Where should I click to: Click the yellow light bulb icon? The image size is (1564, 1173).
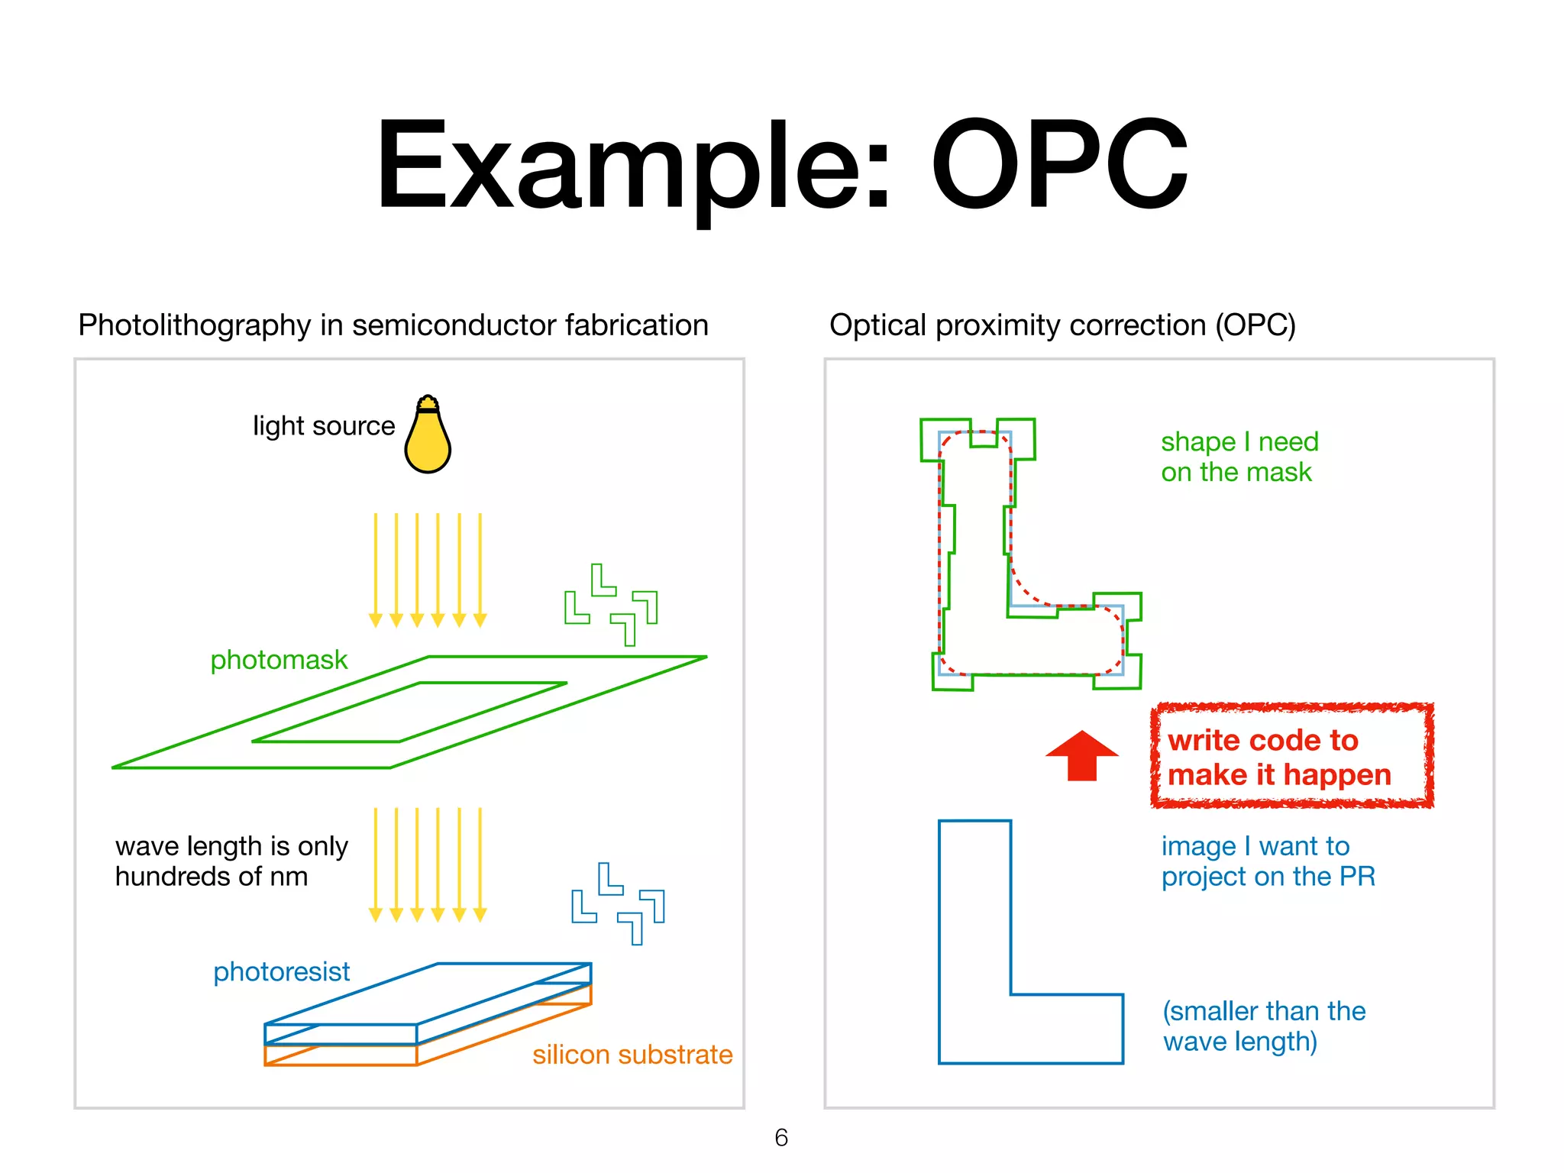428,437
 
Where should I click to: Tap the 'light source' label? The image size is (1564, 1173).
324,426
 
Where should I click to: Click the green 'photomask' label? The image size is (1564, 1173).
279,660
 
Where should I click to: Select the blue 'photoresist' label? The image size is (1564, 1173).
281,971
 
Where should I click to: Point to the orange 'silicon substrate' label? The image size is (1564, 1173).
632,1055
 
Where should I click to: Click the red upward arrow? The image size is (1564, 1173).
1081,756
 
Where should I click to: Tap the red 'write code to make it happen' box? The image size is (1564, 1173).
1291,756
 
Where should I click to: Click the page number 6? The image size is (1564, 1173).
781,1137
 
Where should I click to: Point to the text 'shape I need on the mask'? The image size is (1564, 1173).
1239,457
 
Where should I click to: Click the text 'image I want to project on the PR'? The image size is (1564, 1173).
1268,861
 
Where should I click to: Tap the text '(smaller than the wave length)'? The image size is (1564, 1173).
1264,1026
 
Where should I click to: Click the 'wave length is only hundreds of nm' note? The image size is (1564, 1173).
231,861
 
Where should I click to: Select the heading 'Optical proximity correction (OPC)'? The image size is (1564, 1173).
1062,325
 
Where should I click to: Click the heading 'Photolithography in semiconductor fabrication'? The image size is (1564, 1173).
393,325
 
